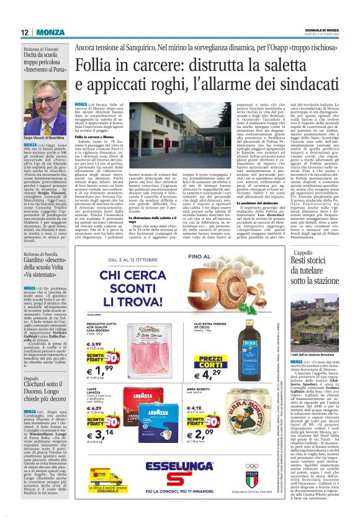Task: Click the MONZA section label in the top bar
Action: click(x=49, y=32)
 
